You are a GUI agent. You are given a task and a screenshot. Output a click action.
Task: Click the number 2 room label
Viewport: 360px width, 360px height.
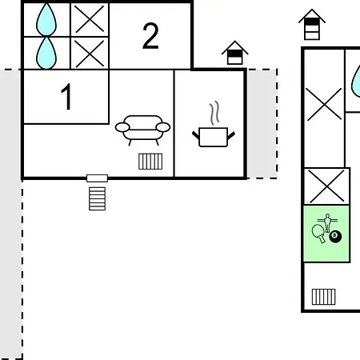pos(150,36)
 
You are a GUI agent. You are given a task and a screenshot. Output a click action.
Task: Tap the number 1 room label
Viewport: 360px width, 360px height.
pos(66,96)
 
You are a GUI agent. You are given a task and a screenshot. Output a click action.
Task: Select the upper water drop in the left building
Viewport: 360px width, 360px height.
pos(46,19)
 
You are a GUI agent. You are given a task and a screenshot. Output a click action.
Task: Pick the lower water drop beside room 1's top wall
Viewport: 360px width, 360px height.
pos(46,53)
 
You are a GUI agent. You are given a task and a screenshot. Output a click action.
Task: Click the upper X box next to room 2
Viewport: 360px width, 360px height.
pos(90,19)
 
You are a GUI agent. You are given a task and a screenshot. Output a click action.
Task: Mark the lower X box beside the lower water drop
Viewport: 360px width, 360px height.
pos(90,54)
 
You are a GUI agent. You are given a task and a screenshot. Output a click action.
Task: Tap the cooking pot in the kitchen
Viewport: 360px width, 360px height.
pos(214,137)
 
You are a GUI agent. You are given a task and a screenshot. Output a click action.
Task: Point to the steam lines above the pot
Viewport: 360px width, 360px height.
pos(214,113)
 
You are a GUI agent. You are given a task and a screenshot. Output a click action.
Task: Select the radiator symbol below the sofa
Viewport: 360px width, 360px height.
pos(150,162)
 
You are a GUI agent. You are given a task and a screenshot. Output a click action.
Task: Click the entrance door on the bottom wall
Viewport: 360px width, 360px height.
pos(97,178)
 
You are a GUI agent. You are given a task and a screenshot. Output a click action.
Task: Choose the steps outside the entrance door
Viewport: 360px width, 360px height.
pos(97,198)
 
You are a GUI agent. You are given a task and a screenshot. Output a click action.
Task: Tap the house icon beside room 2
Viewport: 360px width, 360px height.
pos(234,53)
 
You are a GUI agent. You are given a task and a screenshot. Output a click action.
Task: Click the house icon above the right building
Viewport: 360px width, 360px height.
pos(312,25)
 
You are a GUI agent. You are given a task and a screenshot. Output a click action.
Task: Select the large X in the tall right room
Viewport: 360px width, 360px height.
pos(324,104)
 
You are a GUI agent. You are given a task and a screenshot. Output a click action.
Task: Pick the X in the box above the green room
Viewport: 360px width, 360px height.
pos(327,186)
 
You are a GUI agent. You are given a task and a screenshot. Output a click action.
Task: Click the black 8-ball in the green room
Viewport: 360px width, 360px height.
pos(335,237)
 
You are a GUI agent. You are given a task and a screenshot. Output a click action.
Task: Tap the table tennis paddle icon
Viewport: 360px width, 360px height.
pos(318,233)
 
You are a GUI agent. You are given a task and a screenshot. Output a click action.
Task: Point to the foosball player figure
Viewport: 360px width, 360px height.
pos(327,222)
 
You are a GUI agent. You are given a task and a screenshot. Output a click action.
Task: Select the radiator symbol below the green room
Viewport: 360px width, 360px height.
pos(323,297)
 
